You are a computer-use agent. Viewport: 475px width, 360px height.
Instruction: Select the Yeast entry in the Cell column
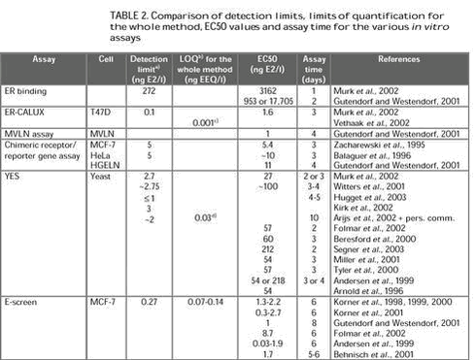[101, 174]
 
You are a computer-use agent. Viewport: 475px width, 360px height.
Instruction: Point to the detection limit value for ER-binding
[149, 90]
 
